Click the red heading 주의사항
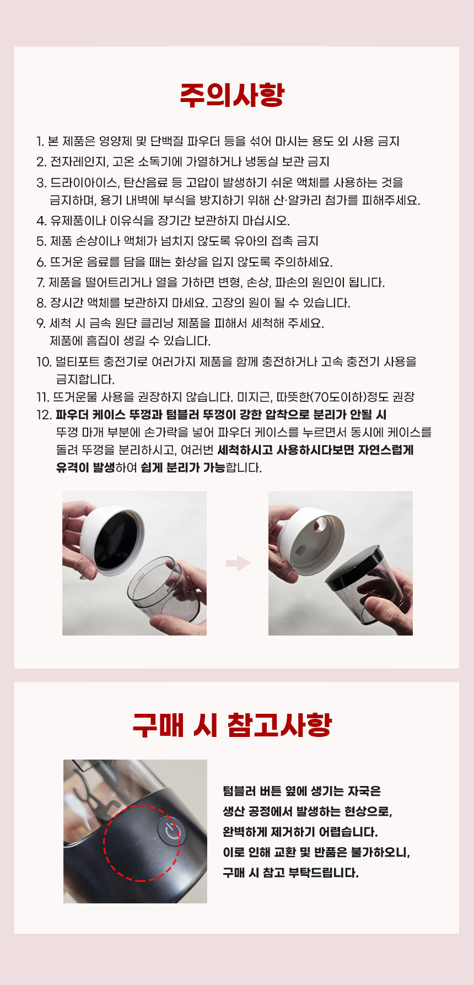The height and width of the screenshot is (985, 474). pos(232,95)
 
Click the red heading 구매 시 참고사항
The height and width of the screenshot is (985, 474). pos(232,725)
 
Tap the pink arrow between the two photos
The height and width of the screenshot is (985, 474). pos(238,563)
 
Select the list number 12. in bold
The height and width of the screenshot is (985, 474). pos(44,415)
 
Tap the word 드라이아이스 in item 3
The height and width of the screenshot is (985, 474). pos(84,182)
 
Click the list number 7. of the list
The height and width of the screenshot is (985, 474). pos(40,283)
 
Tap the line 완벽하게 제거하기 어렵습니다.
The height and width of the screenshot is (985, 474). pos(300,832)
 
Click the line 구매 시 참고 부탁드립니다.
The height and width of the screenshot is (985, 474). pos(290,873)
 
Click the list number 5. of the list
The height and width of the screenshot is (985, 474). pos(41,241)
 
